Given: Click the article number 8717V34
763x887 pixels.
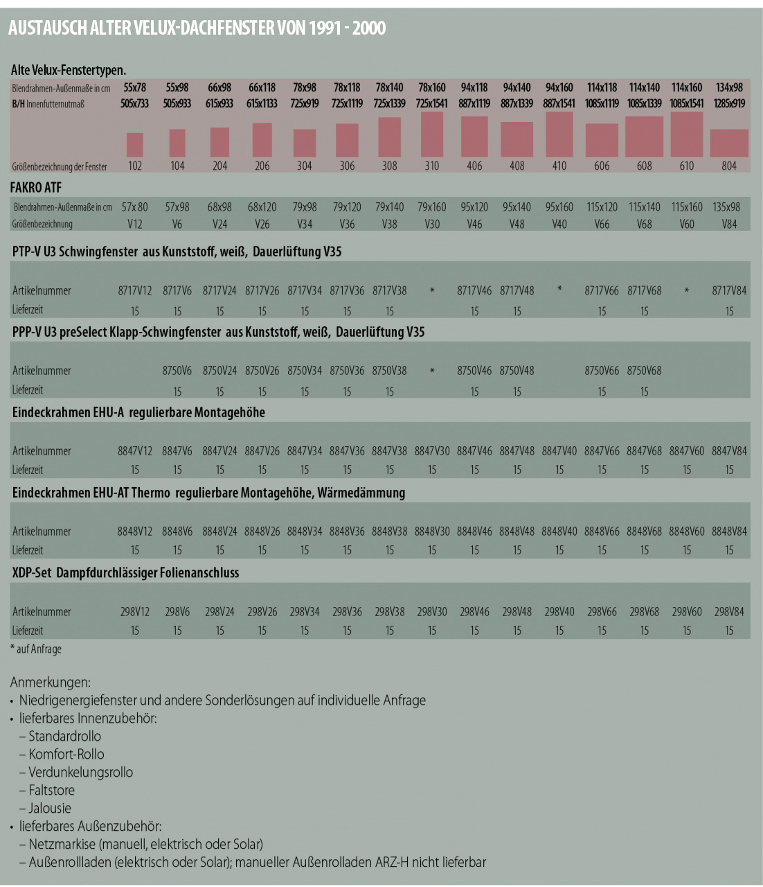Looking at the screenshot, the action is (305, 290).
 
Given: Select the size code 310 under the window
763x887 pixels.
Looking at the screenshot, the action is (431, 166).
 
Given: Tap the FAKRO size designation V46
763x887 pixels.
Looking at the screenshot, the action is (474, 224).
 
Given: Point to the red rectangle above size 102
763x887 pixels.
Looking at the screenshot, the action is (134, 145).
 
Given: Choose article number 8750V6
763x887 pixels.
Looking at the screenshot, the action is (177, 371).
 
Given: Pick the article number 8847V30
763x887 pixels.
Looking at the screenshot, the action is (431, 451).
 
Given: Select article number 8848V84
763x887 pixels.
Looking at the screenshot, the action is (728, 532).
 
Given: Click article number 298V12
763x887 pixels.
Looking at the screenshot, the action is (134, 611).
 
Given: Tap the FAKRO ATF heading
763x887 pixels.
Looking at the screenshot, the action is (36, 188).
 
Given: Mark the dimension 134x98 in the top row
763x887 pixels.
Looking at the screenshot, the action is (728, 87).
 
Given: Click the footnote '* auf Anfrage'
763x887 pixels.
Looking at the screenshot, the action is (36, 649).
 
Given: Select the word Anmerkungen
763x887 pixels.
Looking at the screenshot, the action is (50, 682).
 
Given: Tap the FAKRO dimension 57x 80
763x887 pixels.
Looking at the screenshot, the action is (134, 207).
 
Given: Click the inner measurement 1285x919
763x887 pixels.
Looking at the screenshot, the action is (728, 103).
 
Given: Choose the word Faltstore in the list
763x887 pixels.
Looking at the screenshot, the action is (51, 790).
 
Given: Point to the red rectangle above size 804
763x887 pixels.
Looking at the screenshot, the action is (729, 143).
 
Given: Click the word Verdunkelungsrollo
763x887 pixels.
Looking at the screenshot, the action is (80, 772).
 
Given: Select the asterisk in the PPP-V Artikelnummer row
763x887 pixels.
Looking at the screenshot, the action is (432, 371).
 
